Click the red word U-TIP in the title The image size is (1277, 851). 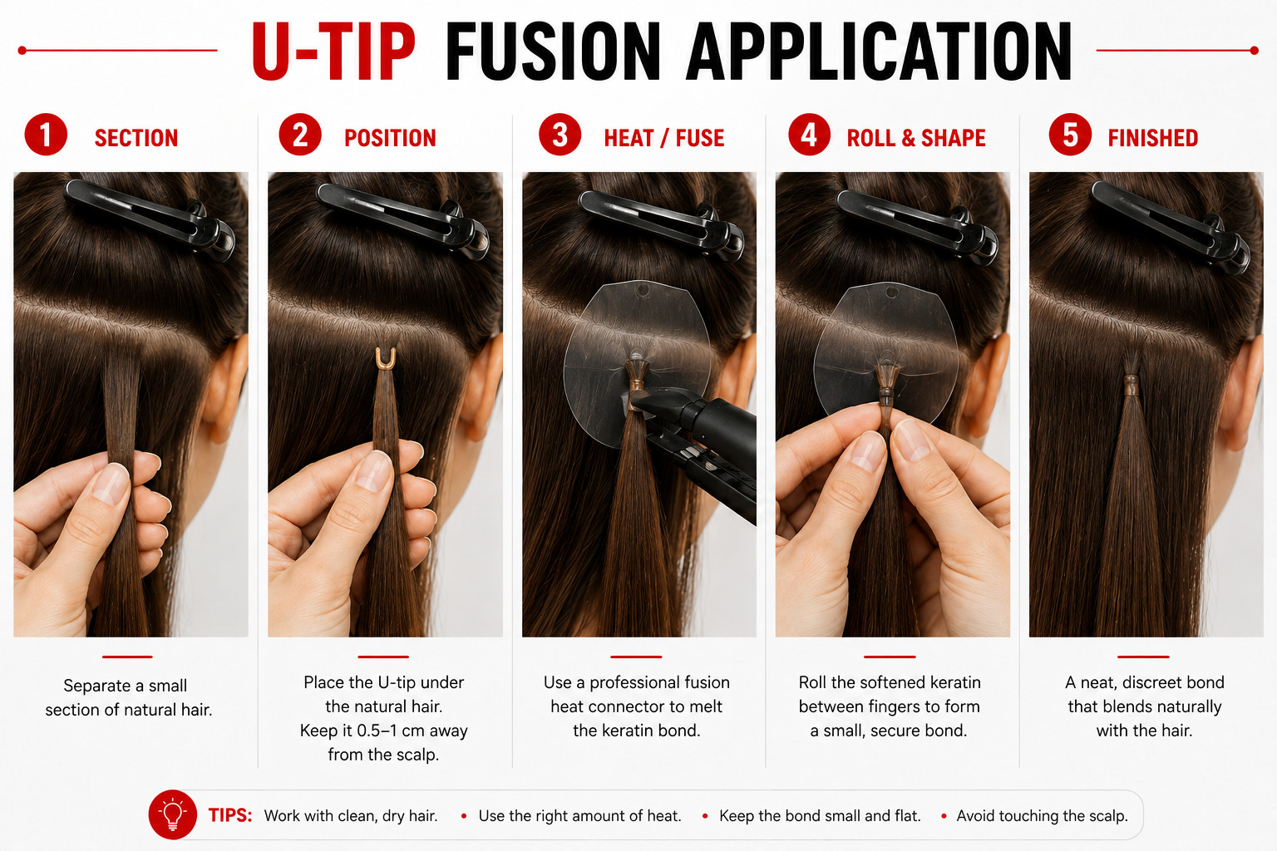[333, 52]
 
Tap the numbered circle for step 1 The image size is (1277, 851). [46, 135]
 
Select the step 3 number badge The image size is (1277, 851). [560, 135]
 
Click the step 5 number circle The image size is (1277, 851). [1070, 135]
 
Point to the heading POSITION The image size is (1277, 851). [390, 138]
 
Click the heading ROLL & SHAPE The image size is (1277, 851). [916, 138]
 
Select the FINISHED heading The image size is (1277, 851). [1153, 138]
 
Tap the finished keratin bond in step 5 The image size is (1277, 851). [1131, 386]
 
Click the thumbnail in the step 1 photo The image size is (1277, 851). [111, 483]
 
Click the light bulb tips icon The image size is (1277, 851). [173, 814]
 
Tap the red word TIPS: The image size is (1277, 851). [229, 815]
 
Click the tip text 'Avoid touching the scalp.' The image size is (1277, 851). [1042, 816]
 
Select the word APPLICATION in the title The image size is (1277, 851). [878, 52]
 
